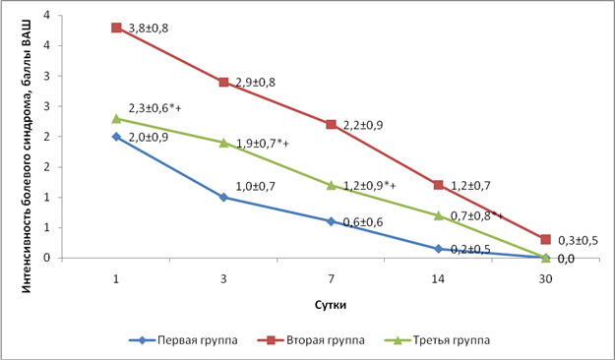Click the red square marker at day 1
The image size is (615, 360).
(116, 28)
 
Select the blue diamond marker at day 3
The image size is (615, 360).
(223, 198)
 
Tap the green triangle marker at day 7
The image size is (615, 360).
(331, 185)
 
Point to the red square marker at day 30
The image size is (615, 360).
(545, 239)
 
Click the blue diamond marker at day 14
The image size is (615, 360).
(439, 249)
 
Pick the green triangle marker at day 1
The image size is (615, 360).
(116, 118)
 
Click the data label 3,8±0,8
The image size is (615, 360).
(149, 29)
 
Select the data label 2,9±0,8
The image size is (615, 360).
(255, 83)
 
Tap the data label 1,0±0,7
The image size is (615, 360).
(255, 186)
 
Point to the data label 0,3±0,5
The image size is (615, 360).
(578, 240)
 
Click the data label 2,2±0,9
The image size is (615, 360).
(363, 125)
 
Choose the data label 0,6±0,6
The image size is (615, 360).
(363, 222)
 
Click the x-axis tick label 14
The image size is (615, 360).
(438, 278)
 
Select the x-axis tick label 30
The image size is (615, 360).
(545, 278)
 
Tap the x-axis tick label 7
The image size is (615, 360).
(331, 278)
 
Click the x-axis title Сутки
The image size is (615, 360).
(331, 305)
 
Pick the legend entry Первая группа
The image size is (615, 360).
(183, 340)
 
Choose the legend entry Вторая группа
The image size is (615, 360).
(311, 340)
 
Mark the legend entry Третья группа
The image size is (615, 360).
(437, 340)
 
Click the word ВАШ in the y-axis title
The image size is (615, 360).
(26, 30)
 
